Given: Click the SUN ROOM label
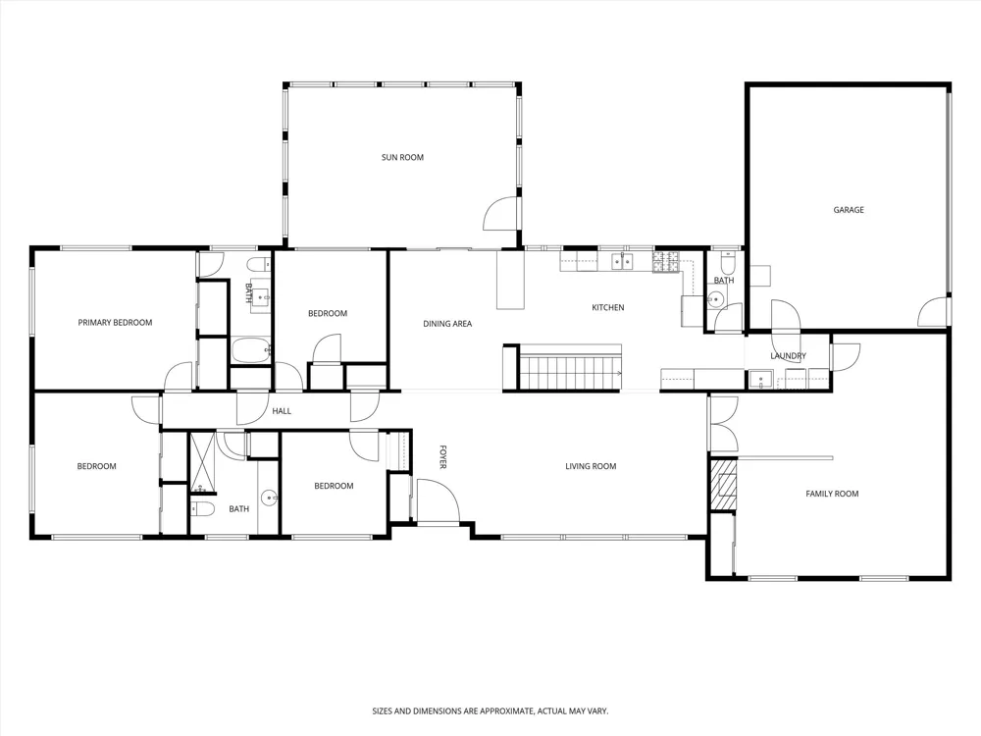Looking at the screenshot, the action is pyautogui.click(x=402, y=158).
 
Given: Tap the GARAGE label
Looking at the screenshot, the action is pyautogui.click(x=849, y=210).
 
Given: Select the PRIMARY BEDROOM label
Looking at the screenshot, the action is pyautogui.click(x=115, y=323).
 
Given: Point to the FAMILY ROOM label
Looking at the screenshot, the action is pyautogui.click(x=832, y=494).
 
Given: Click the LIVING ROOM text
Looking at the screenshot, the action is pyautogui.click(x=591, y=466).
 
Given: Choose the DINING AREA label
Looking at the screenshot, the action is pyautogui.click(x=447, y=324).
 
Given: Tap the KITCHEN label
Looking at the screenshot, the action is pyautogui.click(x=608, y=308).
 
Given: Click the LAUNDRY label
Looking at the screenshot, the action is pyautogui.click(x=789, y=356).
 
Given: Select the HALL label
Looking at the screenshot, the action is pyautogui.click(x=282, y=411).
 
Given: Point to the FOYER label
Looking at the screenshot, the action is pyautogui.click(x=442, y=457).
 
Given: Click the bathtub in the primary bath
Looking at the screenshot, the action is pyautogui.click(x=251, y=351).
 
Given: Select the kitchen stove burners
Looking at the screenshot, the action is pyautogui.click(x=666, y=262).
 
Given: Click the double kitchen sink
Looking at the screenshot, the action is pyautogui.click(x=622, y=261).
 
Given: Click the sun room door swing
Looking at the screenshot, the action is pyautogui.click(x=501, y=213).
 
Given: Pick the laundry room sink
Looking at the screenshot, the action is pyautogui.click(x=760, y=380).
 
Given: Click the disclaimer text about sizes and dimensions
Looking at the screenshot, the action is pyautogui.click(x=490, y=711).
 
